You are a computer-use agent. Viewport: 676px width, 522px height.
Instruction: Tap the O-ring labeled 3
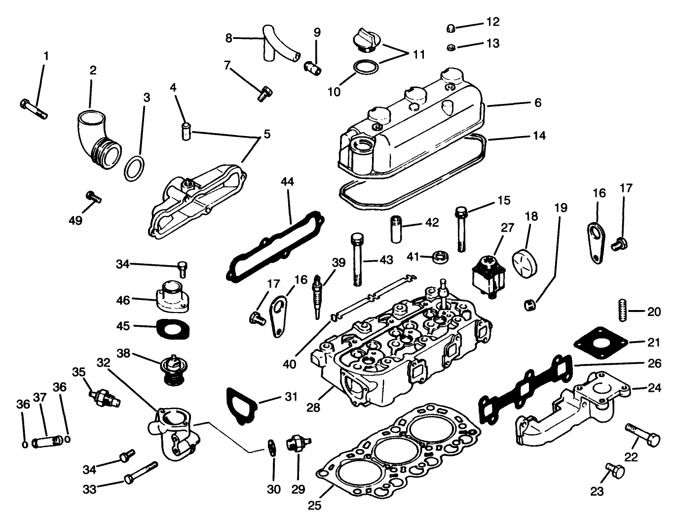point(135,169)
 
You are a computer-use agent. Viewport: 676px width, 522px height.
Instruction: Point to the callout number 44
point(287,182)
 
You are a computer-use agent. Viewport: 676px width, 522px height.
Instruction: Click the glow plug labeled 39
point(317,295)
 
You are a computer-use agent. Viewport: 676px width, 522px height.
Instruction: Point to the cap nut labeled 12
point(450,28)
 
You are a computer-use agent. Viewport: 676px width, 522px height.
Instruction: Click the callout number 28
point(313,407)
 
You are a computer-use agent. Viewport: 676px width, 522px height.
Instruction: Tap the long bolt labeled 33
point(141,472)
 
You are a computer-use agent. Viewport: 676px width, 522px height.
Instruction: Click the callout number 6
point(537,102)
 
